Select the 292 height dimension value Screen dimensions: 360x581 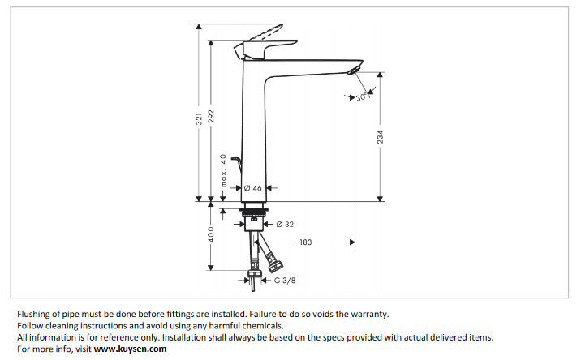[x=211, y=119]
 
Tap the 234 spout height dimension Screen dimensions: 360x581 [x=380, y=138]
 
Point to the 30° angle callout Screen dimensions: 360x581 [x=362, y=97]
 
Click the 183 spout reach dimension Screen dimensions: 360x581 [x=306, y=242]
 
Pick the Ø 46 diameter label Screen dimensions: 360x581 [x=253, y=187]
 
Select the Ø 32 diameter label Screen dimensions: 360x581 [x=285, y=224]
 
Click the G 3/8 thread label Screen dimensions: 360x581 [x=285, y=281]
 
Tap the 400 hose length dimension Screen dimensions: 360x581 [x=211, y=236]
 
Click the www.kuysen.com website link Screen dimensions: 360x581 [x=130, y=349]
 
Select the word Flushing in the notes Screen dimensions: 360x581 [x=35, y=313]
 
